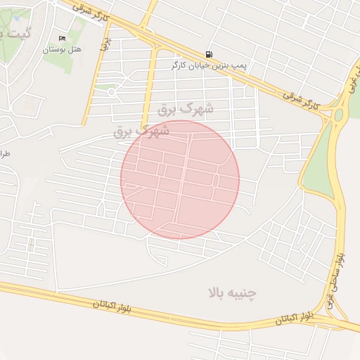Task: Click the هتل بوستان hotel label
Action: pos(62,49)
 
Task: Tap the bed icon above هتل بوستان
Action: pos(62,38)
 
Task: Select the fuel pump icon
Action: pos(209,54)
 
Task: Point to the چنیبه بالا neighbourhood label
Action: pos(233,292)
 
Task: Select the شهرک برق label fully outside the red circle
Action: pos(186,109)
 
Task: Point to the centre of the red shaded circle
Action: pos(180,179)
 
